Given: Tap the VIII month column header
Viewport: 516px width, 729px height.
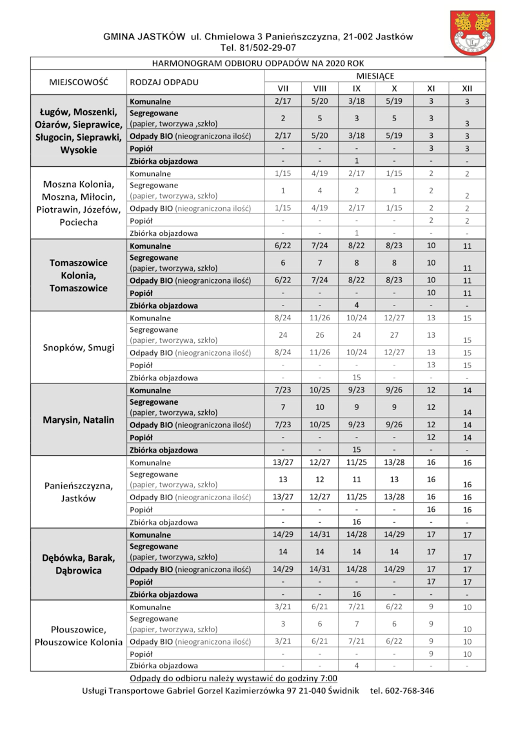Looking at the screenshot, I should point(319,88).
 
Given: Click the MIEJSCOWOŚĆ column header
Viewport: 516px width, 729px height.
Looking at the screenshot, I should point(78,83).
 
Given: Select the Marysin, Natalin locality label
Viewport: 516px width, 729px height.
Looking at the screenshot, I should point(78,420).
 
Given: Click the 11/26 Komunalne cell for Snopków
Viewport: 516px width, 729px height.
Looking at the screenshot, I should point(319,318).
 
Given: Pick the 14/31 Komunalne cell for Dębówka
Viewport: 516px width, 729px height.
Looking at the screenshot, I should point(319,534).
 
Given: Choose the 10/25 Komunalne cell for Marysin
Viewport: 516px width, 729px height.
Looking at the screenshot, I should point(319,390).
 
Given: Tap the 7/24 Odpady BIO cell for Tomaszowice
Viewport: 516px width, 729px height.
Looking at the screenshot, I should point(319,280).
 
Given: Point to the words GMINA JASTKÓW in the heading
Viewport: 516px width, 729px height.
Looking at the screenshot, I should point(144,37).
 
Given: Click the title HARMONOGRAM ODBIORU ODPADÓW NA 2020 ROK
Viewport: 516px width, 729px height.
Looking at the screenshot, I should point(258,63).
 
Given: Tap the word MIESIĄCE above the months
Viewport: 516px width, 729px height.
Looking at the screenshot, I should point(375,76).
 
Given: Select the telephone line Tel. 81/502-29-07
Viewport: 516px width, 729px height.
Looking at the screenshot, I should point(258,48).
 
